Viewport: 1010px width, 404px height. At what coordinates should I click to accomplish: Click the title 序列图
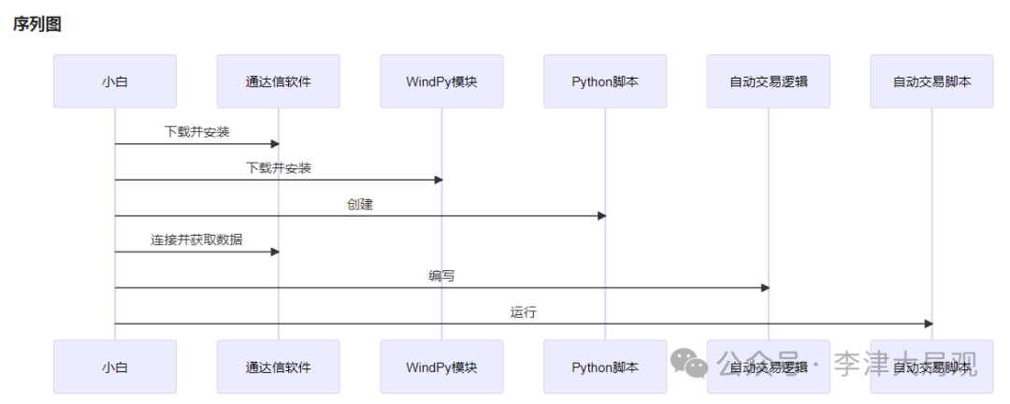pyautogui.click(x=37, y=25)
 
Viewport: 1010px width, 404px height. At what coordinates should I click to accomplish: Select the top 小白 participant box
pyautogui.click(x=115, y=81)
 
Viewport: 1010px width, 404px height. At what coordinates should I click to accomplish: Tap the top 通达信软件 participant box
pyautogui.click(x=278, y=81)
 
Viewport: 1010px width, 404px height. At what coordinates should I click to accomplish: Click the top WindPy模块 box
pyautogui.click(x=441, y=81)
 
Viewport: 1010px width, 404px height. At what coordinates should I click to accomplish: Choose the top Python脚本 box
pyautogui.click(x=605, y=81)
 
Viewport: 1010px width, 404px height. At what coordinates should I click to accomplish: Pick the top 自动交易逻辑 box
pyautogui.click(x=768, y=81)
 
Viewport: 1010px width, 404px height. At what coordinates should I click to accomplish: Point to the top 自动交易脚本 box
pyautogui.click(x=931, y=81)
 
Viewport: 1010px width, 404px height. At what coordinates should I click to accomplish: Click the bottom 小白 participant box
pyautogui.click(x=115, y=367)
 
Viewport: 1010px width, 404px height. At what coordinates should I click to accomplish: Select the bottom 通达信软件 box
pyautogui.click(x=278, y=367)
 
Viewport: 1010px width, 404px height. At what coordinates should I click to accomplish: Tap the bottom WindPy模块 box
pyautogui.click(x=441, y=367)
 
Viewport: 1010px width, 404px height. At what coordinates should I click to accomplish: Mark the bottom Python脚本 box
pyautogui.click(x=605, y=367)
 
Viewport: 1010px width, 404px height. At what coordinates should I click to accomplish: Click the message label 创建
pyautogui.click(x=360, y=204)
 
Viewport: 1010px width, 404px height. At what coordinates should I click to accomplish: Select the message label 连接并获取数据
pyautogui.click(x=196, y=240)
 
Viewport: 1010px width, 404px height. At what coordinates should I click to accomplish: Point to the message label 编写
pyautogui.click(x=441, y=276)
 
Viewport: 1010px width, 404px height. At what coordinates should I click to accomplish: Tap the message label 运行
pyautogui.click(x=524, y=312)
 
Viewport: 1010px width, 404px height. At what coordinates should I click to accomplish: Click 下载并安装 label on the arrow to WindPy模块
pyautogui.click(x=279, y=168)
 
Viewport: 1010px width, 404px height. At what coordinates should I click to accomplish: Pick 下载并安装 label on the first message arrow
pyautogui.click(x=196, y=132)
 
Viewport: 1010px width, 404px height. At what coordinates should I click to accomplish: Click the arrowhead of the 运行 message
pyautogui.click(x=928, y=324)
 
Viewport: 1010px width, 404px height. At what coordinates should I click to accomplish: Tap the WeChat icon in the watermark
pyautogui.click(x=693, y=364)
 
